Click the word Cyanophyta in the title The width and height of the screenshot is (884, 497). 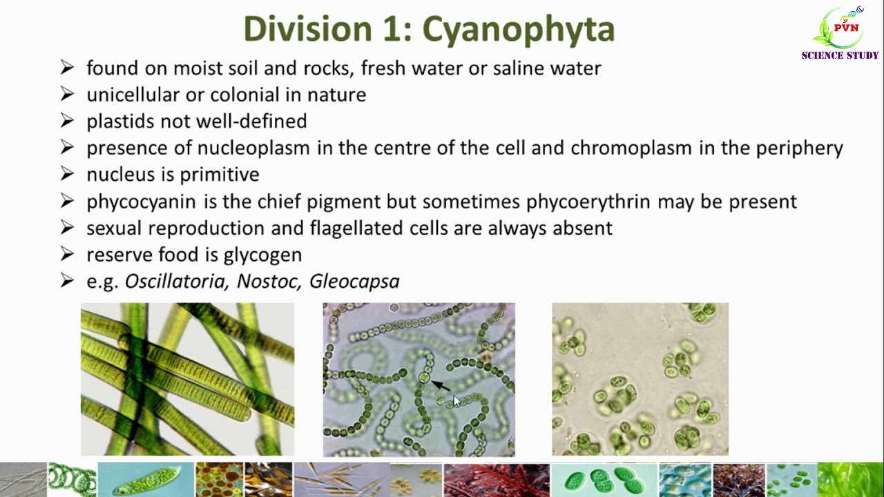[518, 30]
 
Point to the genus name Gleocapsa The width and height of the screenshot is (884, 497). [354, 282]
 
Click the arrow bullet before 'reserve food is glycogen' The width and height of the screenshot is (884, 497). [67, 255]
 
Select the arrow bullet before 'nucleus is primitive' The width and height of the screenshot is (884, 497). [67, 175]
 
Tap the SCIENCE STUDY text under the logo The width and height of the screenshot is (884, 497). [840, 55]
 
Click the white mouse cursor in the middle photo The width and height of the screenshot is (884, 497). [456, 401]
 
